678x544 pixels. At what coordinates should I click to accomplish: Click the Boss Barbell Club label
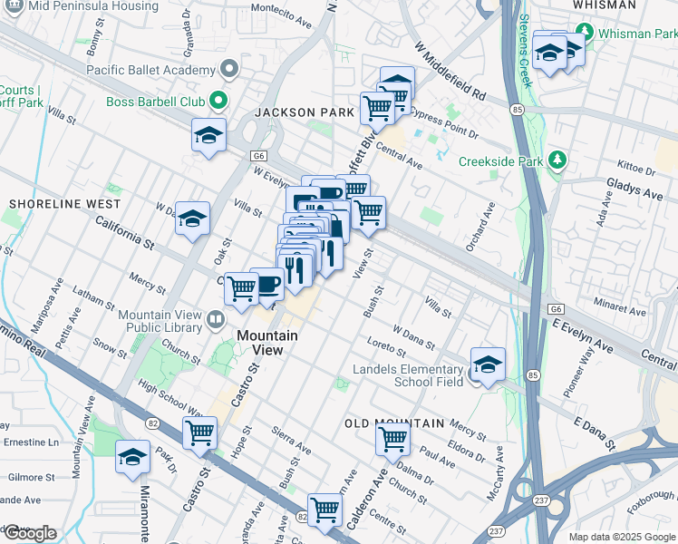coord(156,101)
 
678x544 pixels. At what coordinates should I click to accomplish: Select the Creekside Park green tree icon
coord(557,161)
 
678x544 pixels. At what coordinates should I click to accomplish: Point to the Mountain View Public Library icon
coord(215,317)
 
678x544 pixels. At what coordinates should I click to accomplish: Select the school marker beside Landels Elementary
coord(488,365)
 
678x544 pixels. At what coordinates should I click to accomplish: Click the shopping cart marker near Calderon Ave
coord(392,440)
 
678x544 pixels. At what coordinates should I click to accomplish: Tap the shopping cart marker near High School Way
coord(199,433)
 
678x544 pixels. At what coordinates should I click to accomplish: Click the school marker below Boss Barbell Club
coord(208,136)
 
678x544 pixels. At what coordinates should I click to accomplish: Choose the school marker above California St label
coord(192,219)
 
